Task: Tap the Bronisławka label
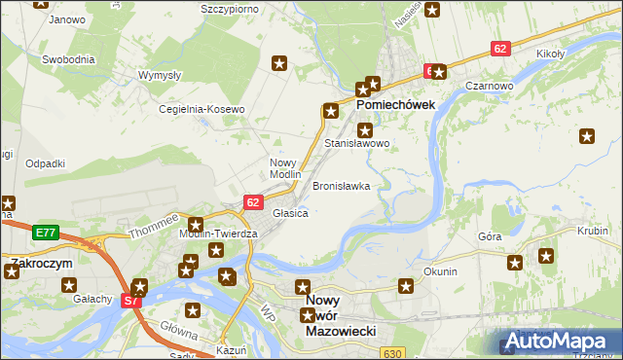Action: coord(341,185)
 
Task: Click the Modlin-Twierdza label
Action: coord(218,234)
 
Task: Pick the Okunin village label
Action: coord(440,271)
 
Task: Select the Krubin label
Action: coord(593,232)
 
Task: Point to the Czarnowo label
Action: coord(489,86)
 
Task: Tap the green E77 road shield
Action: coord(45,233)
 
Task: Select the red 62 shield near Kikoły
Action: coord(500,48)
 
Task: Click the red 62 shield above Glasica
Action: coord(253,201)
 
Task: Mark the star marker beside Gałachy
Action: coord(70,285)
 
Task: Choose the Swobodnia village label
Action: coord(68,59)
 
